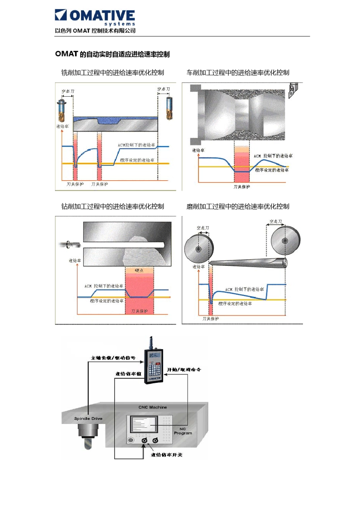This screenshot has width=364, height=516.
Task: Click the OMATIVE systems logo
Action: click(95, 17)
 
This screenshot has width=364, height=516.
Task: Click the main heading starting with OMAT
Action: click(112, 54)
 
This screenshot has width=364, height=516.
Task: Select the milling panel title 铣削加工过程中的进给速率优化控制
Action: click(112, 73)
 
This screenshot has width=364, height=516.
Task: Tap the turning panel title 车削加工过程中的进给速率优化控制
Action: click(238, 73)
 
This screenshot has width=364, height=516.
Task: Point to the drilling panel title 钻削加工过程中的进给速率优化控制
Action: click(112, 206)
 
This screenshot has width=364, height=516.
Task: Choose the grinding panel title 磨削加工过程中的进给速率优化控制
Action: click(238, 206)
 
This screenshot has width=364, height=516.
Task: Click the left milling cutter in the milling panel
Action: click(62, 110)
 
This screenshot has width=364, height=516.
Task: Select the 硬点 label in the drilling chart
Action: click(139, 270)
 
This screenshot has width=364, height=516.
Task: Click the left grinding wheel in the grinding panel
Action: click(198, 249)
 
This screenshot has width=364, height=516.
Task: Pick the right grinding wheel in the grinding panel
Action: click(285, 241)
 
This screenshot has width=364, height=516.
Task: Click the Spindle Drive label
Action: click(88, 419)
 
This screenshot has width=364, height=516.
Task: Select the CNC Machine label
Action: click(152, 407)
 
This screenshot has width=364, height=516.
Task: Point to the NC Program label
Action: click(183, 431)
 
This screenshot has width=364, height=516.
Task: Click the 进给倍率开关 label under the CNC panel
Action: click(166, 455)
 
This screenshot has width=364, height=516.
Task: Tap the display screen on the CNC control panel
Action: click(144, 425)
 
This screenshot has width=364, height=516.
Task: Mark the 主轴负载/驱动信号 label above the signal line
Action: click(113, 358)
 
